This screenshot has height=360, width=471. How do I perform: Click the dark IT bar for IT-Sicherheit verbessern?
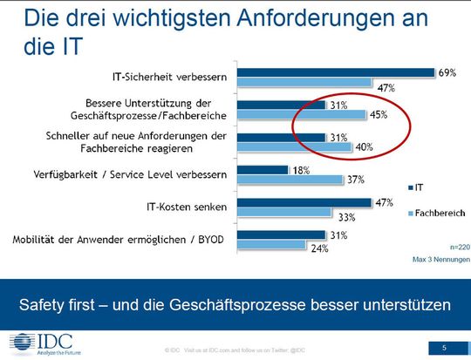pyautogui.click(x=336, y=72)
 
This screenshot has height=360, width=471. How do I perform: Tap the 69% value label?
pyautogui.click(x=448, y=72)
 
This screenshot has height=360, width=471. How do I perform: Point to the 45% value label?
pyautogui.click(x=379, y=114)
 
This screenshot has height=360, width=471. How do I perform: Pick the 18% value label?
pyautogui.click(x=277, y=170)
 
